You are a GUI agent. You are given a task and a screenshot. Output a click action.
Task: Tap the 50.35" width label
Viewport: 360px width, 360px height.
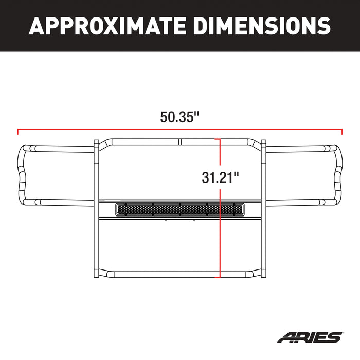coord(179,117)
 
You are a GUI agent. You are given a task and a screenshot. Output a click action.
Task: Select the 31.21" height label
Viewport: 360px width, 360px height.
coord(221,178)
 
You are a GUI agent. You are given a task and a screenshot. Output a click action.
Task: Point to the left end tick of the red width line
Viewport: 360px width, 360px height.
coord(18,131)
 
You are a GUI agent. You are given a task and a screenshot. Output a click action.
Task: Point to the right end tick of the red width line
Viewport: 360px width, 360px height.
coord(342,131)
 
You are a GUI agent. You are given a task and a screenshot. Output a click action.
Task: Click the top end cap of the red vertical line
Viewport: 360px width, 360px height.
coord(221,139)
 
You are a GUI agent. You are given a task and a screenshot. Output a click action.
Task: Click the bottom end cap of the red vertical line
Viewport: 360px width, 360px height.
coord(221,277)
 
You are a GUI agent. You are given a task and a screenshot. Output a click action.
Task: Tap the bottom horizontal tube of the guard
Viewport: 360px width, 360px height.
coord(180,274)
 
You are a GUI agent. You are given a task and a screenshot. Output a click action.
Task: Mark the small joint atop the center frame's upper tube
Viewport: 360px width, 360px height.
coord(181,141)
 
